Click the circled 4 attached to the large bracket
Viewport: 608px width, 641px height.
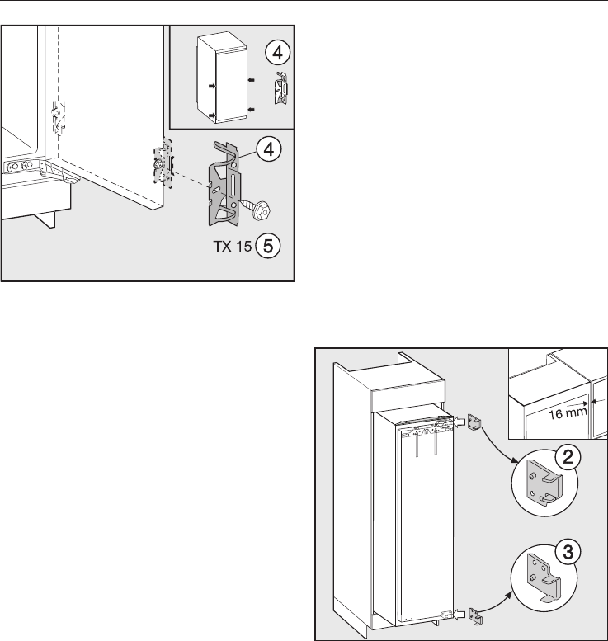266,149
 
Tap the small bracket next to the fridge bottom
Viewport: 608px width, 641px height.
473,615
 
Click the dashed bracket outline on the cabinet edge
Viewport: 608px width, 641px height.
56,118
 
